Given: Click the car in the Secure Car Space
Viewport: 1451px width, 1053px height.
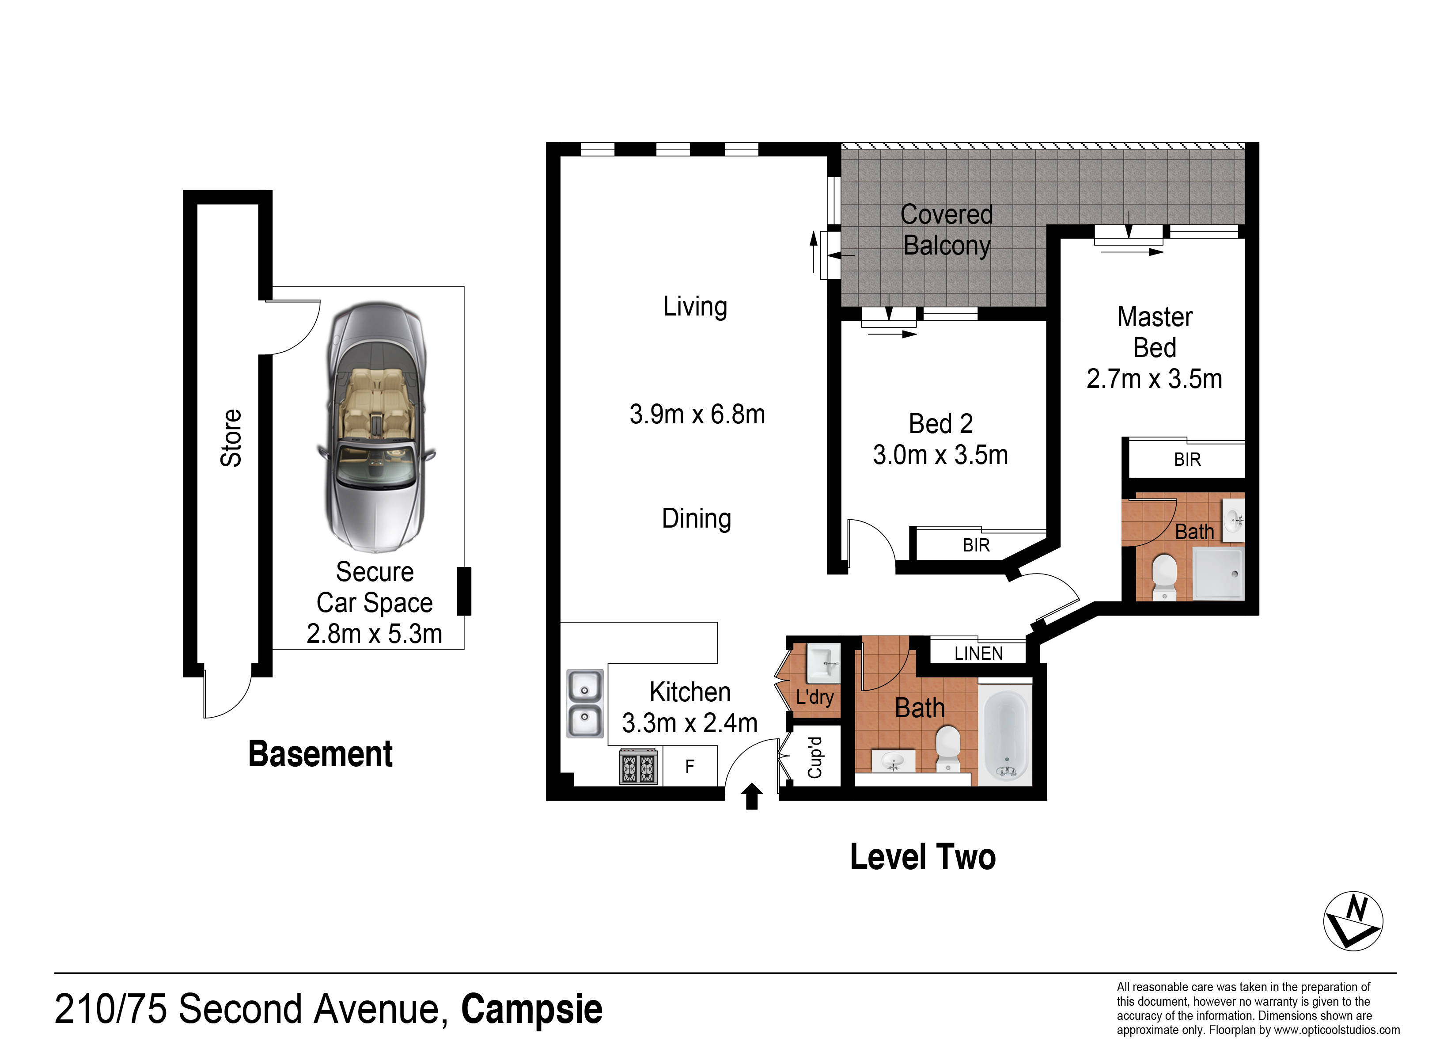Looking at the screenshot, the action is click(x=376, y=428).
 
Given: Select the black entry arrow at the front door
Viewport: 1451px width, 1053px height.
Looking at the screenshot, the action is click(x=752, y=796).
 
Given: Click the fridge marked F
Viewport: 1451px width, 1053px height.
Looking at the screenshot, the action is click(x=690, y=766).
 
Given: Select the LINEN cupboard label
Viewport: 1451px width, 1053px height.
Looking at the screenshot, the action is click(x=978, y=654).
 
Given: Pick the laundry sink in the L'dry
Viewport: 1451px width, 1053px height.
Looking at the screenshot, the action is click(x=823, y=664).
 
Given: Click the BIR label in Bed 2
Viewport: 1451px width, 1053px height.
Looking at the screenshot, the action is click(x=976, y=545).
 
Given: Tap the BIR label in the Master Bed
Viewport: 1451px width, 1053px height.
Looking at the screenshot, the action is click(x=1187, y=460).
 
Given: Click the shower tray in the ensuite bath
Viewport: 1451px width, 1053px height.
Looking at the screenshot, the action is click(x=1219, y=574).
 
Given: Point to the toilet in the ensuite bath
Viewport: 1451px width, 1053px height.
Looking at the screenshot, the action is click(x=1164, y=577).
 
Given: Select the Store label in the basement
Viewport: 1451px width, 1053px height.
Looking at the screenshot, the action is click(x=231, y=438).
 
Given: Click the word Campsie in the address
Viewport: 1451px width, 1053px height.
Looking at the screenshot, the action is click(x=532, y=1009).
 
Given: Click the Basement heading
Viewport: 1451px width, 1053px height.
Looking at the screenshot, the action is click(x=321, y=753).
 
